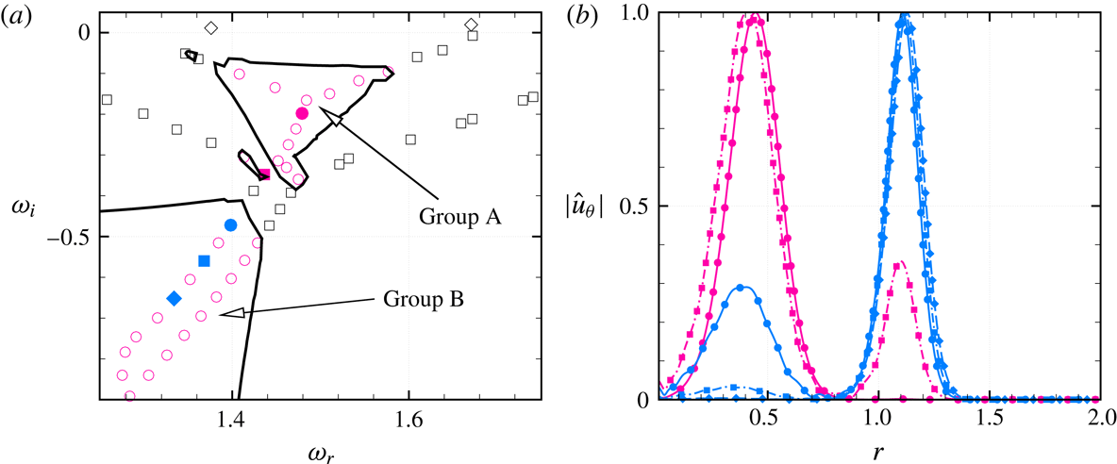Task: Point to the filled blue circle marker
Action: tap(231, 224)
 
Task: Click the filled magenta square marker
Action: tap(265, 174)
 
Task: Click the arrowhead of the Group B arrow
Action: tap(223, 313)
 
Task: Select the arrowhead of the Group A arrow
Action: tap(325, 115)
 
